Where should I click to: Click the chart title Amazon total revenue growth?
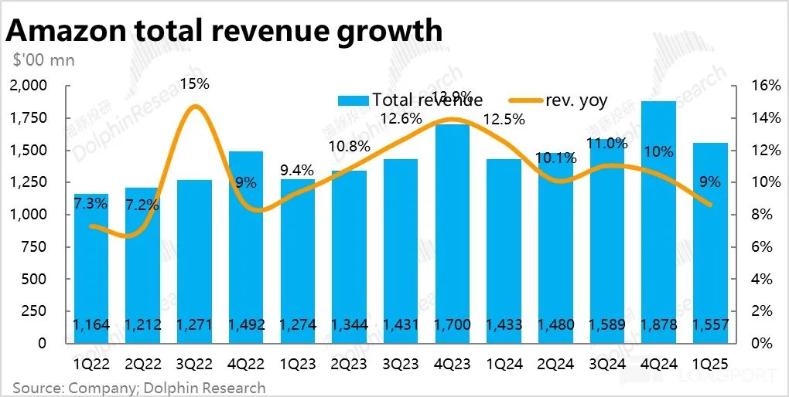224,31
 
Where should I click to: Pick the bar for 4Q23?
453,232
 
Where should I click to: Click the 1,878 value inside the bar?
659,325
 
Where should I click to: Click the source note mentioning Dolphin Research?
139,387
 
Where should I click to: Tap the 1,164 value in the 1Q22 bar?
92,325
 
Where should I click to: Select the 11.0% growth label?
606,144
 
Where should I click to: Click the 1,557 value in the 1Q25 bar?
710,325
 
